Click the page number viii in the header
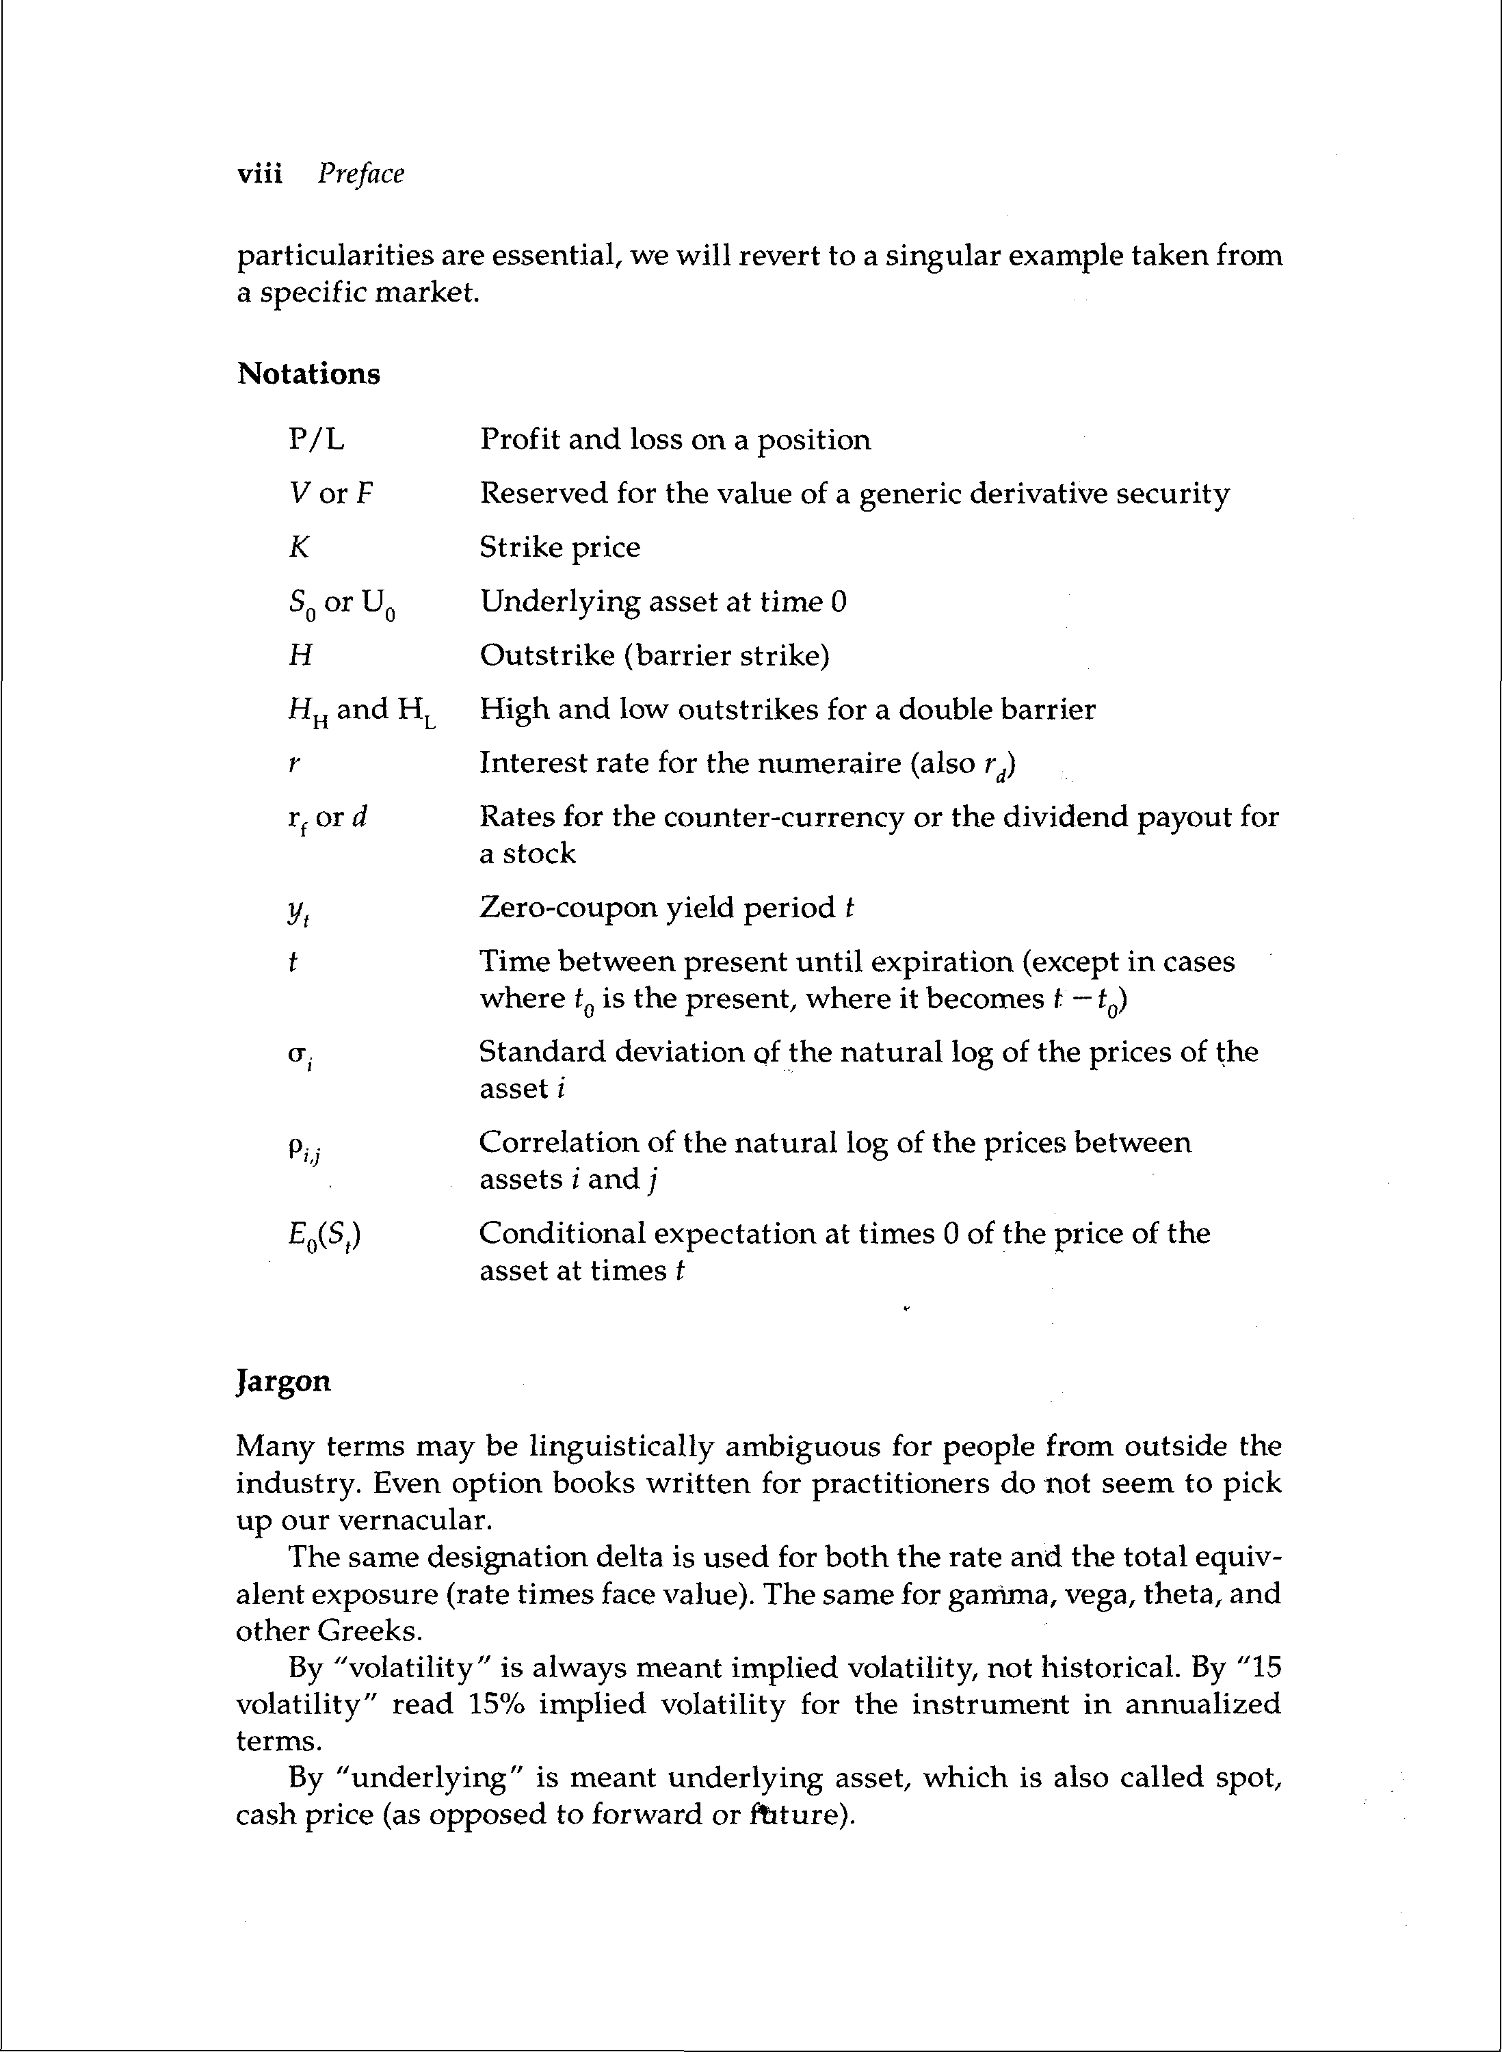pyautogui.click(x=259, y=174)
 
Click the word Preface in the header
pyautogui.click(x=361, y=174)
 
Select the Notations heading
pyautogui.click(x=308, y=373)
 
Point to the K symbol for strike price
pyautogui.click(x=299, y=547)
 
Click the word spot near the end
pyautogui.click(x=1248, y=1778)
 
